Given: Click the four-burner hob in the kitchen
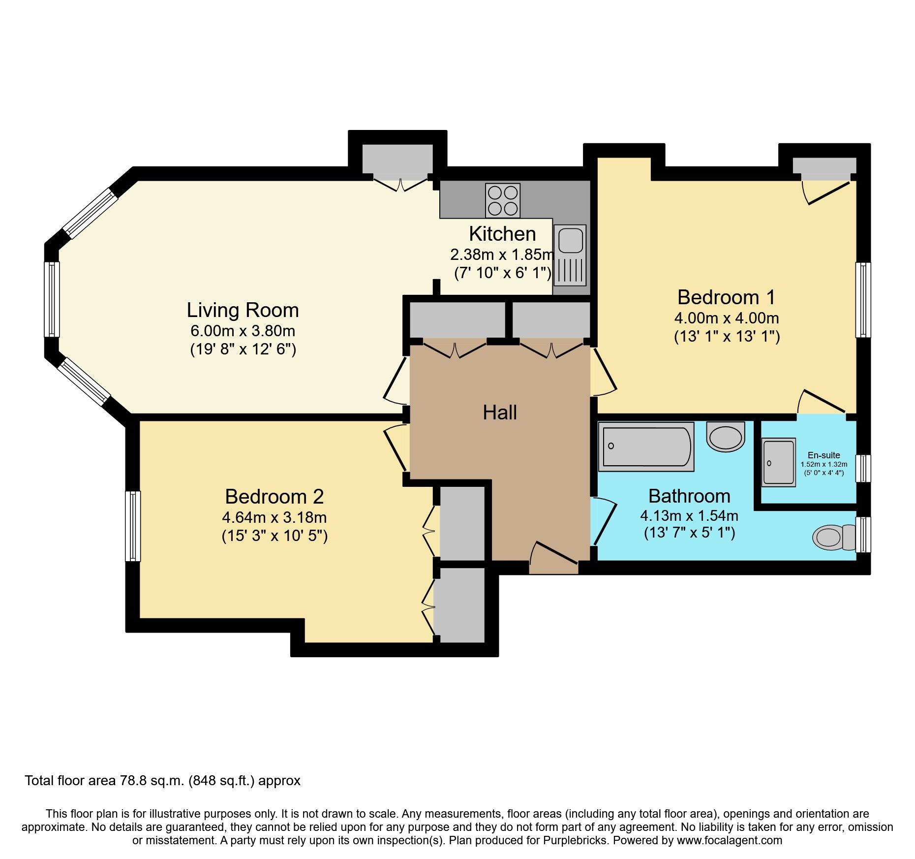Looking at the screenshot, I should [502, 200].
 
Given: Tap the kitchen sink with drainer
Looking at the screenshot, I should [570, 255].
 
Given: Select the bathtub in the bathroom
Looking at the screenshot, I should [646, 446].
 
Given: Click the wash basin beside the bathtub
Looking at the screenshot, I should [726, 437].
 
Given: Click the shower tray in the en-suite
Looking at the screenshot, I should [778, 462].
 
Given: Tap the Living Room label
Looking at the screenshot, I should [243, 310].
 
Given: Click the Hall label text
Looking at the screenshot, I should [499, 413].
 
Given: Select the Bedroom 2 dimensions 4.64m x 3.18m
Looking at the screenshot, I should [274, 517].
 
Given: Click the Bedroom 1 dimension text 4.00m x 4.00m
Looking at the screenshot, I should [726, 318].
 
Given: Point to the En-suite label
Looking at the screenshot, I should [823, 455].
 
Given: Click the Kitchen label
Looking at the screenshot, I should [502, 234].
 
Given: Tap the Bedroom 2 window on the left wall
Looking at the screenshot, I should [133, 526].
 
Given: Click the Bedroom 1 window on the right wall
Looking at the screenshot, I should [863, 300].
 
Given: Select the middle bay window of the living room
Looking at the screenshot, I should [52, 299].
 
